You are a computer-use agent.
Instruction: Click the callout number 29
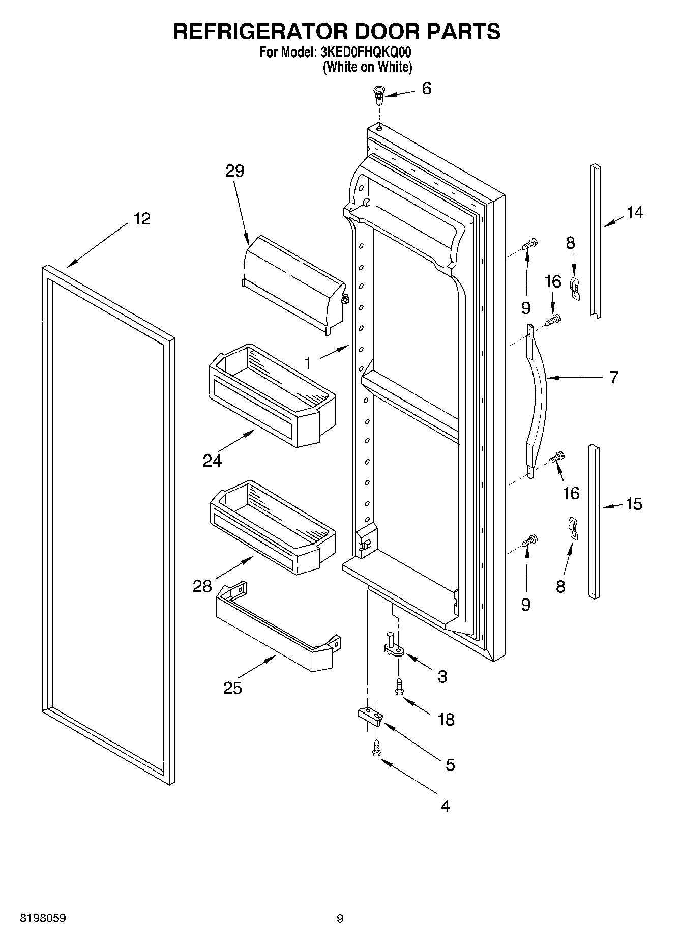point(235,171)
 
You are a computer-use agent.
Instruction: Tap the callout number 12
point(142,219)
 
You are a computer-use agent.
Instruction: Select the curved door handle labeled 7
point(537,402)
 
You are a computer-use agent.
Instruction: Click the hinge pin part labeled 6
point(378,94)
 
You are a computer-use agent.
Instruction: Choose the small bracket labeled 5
point(370,714)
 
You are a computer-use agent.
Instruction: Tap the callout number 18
point(446,720)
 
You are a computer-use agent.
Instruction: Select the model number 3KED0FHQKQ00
point(365,52)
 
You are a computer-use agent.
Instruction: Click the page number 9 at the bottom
point(340,919)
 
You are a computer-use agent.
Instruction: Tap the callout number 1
point(308,363)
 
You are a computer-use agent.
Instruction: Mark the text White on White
point(367,67)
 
